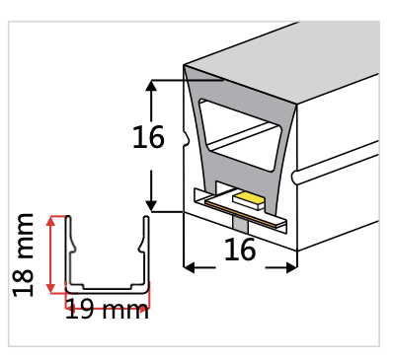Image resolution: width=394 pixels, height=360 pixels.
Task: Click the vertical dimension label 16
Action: (x=148, y=138)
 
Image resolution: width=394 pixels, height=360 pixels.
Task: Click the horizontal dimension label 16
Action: (x=240, y=251)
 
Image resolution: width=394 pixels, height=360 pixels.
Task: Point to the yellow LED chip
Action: (x=248, y=201)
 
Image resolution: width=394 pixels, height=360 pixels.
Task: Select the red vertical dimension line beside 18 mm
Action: (x=51, y=254)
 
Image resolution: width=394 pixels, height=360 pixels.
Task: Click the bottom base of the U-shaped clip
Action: (x=107, y=289)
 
